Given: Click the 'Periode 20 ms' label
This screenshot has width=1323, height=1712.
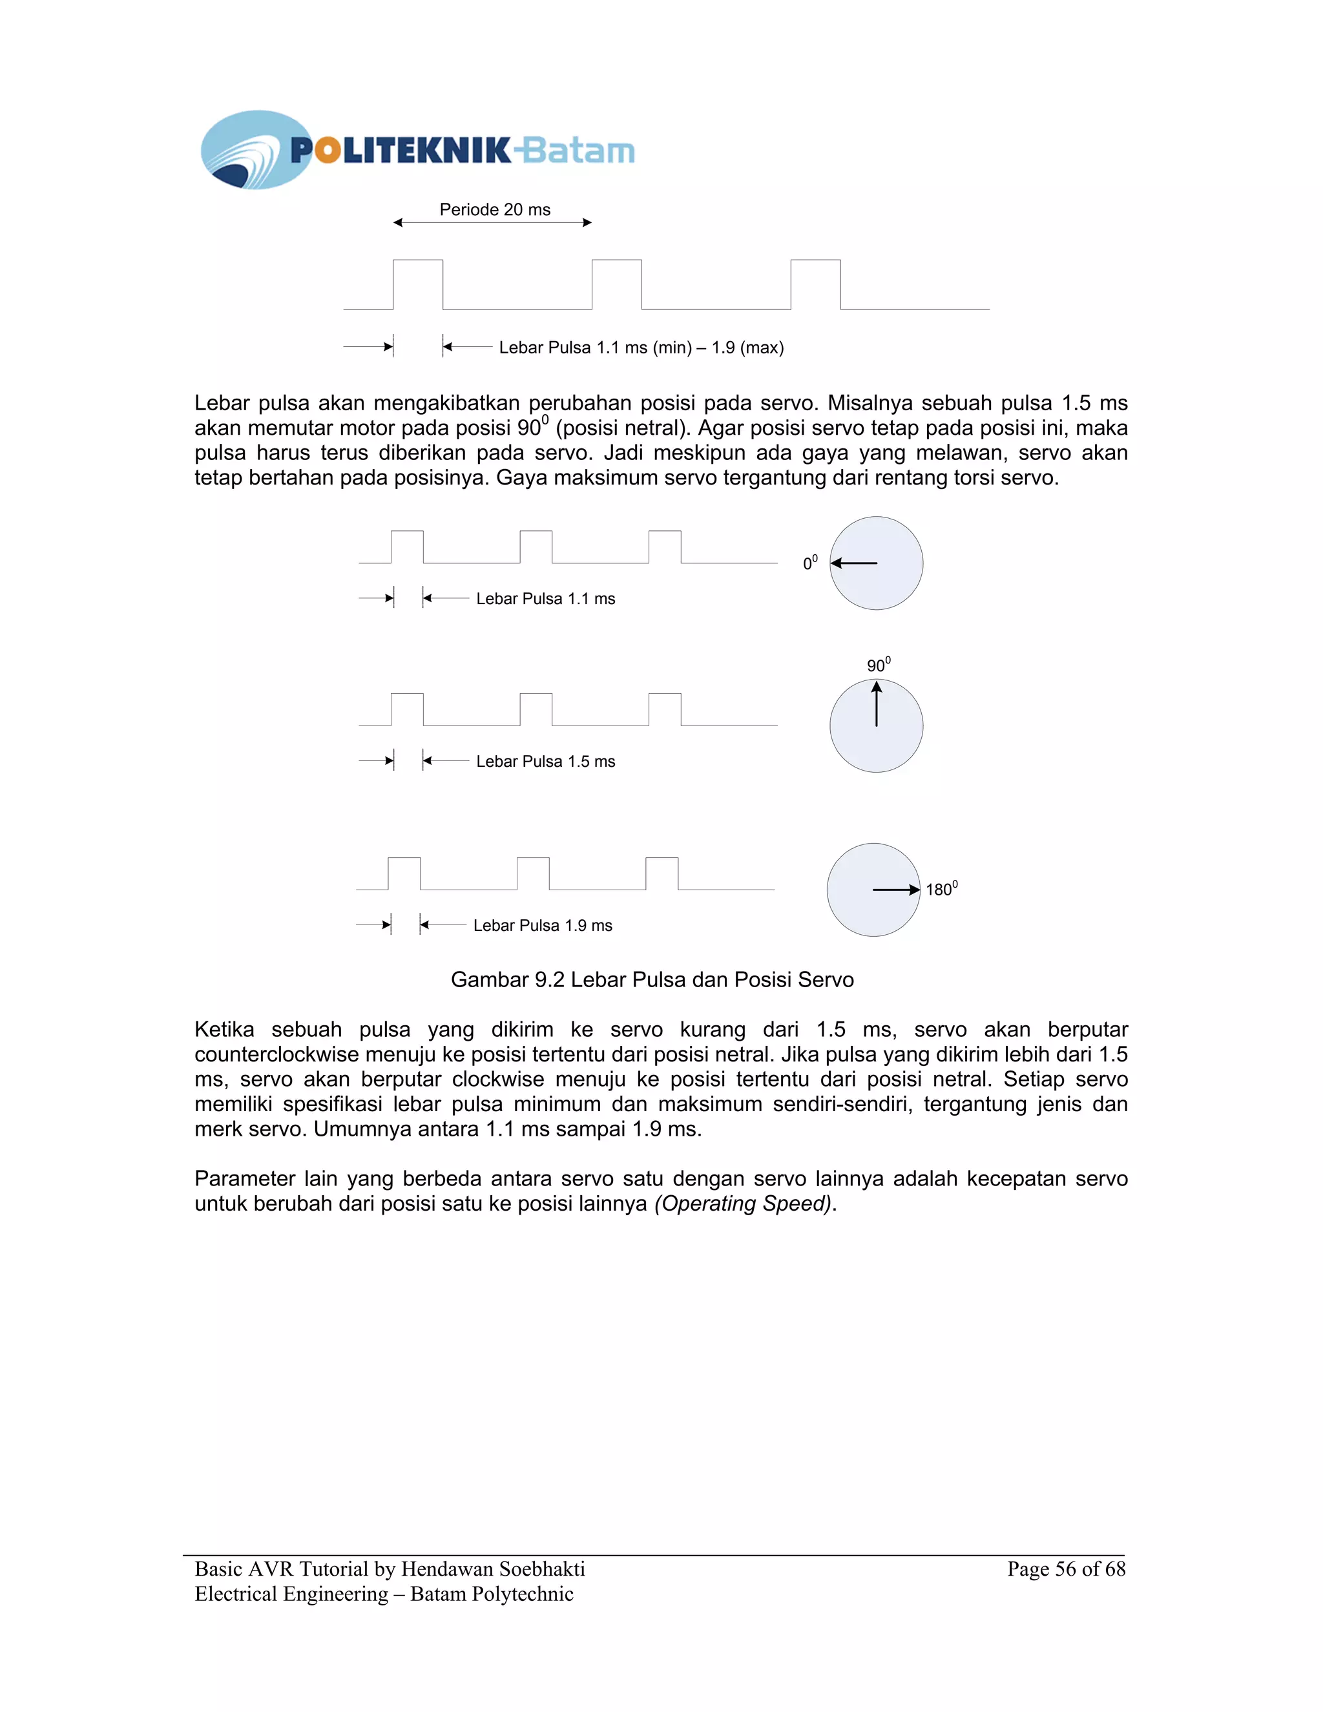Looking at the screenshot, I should pyautogui.click(x=495, y=209).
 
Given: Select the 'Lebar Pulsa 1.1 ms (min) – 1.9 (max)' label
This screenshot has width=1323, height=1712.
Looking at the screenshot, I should pyautogui.click(x=640, y=348).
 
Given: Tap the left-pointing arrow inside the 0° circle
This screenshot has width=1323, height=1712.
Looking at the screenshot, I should pyautogui.click(x=853, y=563).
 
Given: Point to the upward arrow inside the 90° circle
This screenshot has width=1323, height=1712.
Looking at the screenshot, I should pyautogui.click(x=876, y=704).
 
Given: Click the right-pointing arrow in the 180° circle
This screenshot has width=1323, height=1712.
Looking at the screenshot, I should pyautogui.click(x=896, y=890).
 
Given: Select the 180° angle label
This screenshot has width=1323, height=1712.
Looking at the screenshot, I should pyautogui.click(x=941, y=889).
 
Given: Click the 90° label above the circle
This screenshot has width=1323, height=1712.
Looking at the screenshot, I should pyautogui.click(x=878, y=665).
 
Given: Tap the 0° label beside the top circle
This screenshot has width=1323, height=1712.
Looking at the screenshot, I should pyautogui.click(x=809, y=563).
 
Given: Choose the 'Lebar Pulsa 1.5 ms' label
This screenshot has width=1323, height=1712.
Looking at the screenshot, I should pyautogui.click(x=545, y=761).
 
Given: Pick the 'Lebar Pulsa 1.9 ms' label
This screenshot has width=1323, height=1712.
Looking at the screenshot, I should pyautogui.click(x=543, y=925).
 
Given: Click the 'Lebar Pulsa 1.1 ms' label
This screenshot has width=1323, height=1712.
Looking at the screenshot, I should pyautogui.click(x=545, y=599).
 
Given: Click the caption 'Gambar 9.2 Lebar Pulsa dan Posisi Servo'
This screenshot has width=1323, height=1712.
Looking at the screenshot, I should pyautogui.click(x=652, y=980).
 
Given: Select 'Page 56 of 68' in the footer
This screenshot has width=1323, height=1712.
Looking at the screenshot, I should pyautogui.click(x=1066, y=1569).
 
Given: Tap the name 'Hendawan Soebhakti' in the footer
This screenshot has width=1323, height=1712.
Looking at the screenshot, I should pyautogui.click(x=493, y=1569).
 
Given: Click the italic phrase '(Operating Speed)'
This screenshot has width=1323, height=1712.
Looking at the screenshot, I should pyautogui.click(x=743, y=1204).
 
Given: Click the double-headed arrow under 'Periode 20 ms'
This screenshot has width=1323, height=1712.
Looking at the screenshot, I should pyautogui.click(x=492, y=223).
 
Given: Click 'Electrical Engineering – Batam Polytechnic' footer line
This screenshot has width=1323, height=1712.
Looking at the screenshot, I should pyautogui.click(x=384, y=1594).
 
